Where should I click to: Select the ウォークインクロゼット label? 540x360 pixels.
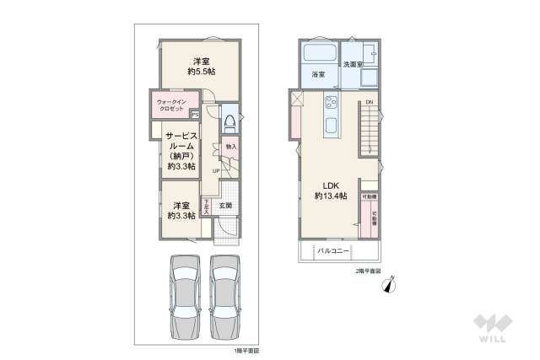click(x=172, y=105)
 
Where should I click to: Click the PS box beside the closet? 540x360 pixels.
click(x=195, y=115)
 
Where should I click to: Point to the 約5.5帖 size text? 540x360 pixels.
click(x=201, y=73)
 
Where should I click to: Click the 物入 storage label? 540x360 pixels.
click(x=230, y=147)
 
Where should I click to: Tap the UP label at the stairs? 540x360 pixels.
click(x=216, y=172)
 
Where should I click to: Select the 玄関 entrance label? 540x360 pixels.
click(x=225, y=205)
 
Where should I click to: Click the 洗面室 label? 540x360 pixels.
click(x=352, y=64)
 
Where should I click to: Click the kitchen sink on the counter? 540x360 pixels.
click(x=331, y=129)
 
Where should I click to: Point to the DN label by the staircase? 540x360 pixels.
click(x=369, y=103)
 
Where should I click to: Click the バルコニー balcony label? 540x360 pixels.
click(x=333, y=250)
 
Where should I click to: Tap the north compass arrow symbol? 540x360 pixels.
click(x=389, y=286)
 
